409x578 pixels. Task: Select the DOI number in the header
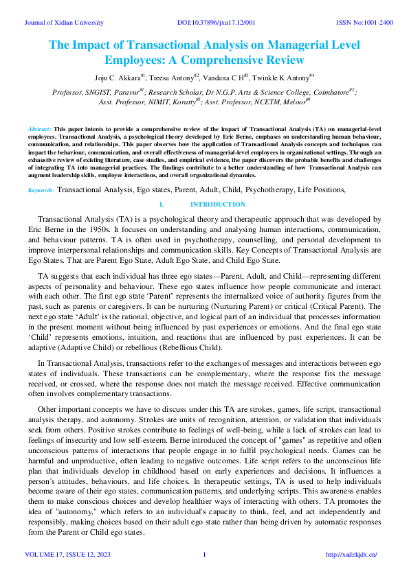coord(217,23)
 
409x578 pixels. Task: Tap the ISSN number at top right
coord(364,23)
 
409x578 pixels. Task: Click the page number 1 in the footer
coord(204,555)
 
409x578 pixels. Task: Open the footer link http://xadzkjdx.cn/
coord(351,555)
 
